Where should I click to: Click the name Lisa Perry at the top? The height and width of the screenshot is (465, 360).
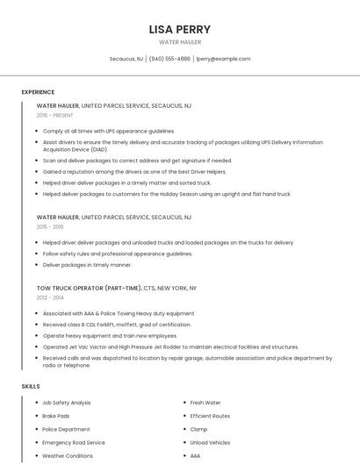pyautogui.click(x=180, y=29)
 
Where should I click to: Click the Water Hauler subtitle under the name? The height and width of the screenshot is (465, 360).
pyautogui.click(x=180, y=42)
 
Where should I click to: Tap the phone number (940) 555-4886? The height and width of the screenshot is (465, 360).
pyautogui.click(x=169, y=59)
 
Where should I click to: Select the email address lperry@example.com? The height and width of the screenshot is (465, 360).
pyautogui.click(x=223, y=59)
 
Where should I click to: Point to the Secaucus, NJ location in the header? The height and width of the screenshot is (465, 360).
pyautogui.click(x=126, y=59)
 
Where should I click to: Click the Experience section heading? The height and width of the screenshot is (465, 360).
pyautogui.click(x=38, y=92)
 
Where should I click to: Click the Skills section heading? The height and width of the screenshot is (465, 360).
pyautogui.click(x=31, y=386)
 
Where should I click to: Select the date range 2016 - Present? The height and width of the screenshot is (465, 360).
pyautogui.click(x=55, y=115)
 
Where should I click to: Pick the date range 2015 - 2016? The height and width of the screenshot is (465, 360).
pyautogui.click(x=51, y=226)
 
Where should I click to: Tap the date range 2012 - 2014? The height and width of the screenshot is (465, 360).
pyautogui.click(x=51, y=297)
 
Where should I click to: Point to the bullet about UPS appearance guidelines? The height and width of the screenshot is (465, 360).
pyautogui.click(x=109, y=131)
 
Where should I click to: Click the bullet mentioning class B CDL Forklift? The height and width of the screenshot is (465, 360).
pyautogui.click(x=117, y=325)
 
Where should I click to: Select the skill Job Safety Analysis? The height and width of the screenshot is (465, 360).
pyautogui.click(x=67, y=403)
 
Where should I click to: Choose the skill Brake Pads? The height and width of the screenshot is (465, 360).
pyautogui.click(x=56, y=416)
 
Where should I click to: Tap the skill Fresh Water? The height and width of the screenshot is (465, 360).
pyautogui.click(x=205, y=403)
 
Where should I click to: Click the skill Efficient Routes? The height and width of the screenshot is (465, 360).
pyautogui.click(x=210, y=416)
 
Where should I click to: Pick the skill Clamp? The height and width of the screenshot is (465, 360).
pyautogui.click(x=198, y=429)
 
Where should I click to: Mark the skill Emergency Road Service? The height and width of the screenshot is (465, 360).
pyautogui.click(x=74, y=443)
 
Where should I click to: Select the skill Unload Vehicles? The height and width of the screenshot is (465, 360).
pyautogui.click(x=210, y=443)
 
